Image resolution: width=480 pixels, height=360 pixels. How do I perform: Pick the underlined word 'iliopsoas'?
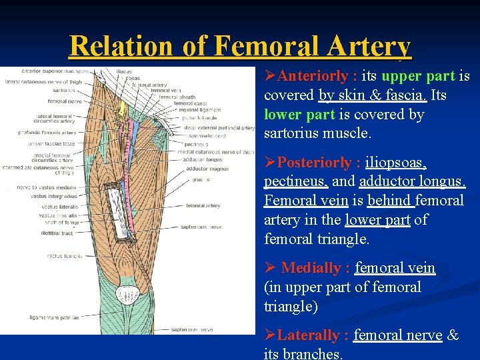[x=402, y=162]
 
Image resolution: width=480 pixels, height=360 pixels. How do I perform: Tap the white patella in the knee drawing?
[x=127, y=293]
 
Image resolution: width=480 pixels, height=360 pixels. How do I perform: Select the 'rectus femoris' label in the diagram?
[x=64, y=255]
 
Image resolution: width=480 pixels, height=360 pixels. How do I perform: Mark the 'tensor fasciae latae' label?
[x=51, y=143]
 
